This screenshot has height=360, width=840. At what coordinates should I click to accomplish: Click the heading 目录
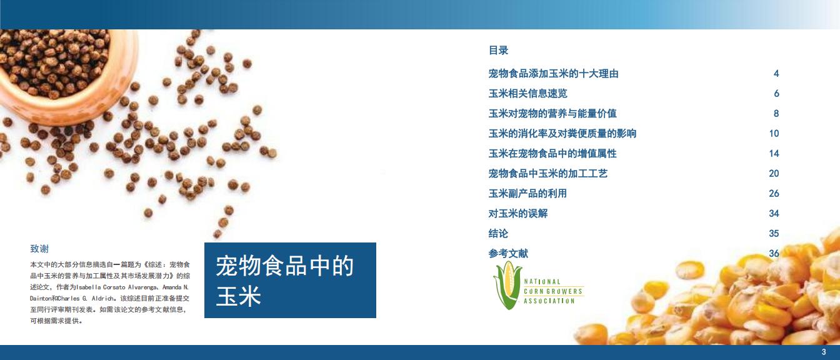coord(498,50)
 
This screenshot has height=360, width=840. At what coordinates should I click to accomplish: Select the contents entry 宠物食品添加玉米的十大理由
coord(553,74)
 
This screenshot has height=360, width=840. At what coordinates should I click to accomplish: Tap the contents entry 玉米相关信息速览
coord(527,93)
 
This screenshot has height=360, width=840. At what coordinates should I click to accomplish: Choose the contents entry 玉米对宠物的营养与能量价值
coord(552,113)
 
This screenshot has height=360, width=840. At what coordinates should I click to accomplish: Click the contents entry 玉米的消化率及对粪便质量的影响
coord(562,134)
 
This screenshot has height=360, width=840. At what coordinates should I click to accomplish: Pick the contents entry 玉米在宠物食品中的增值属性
coord(552,153)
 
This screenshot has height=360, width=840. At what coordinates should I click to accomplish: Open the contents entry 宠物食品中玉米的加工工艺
coord(548,173)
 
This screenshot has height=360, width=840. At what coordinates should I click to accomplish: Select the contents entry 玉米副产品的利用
coord(527,194)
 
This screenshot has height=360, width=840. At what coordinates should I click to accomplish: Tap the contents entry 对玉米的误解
coord(518,213)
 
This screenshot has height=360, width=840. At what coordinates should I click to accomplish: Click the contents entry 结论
coord(498,233)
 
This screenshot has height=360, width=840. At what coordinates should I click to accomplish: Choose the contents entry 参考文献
coord(508,254)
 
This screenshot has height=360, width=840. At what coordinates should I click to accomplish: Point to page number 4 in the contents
coord(776,74)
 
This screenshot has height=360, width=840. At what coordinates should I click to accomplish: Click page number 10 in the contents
coord(774,134)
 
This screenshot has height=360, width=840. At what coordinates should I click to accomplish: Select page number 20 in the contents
coord(774,173)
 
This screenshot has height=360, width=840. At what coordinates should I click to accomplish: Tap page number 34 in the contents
coord(774,213)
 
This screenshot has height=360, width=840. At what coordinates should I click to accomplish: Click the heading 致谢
coord(39,249)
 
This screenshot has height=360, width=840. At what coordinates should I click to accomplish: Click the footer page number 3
coord(824,352)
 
